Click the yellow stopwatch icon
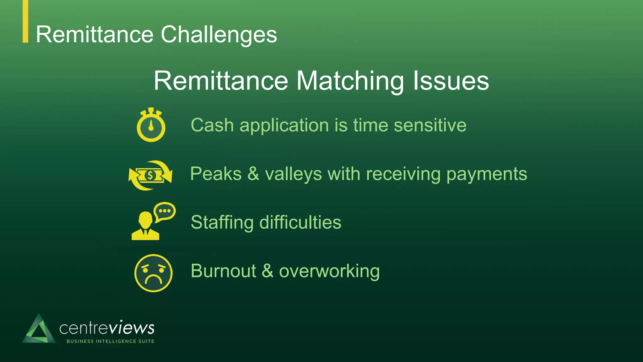pos(151,125)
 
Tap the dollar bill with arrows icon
pos(150,175)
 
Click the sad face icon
pos(153,273)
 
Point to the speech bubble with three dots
pos(165,211)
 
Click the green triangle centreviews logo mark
pos(39,329)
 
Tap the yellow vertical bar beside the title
pos(25,21)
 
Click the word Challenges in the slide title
pos(219,35)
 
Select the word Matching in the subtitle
pos(350,81)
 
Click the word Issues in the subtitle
pos(451,81)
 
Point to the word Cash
pos(212,125)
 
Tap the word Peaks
pos(216,174)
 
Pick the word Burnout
pos(224,271)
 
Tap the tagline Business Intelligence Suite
pos(111,341)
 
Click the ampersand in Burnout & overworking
pos(267,271)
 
